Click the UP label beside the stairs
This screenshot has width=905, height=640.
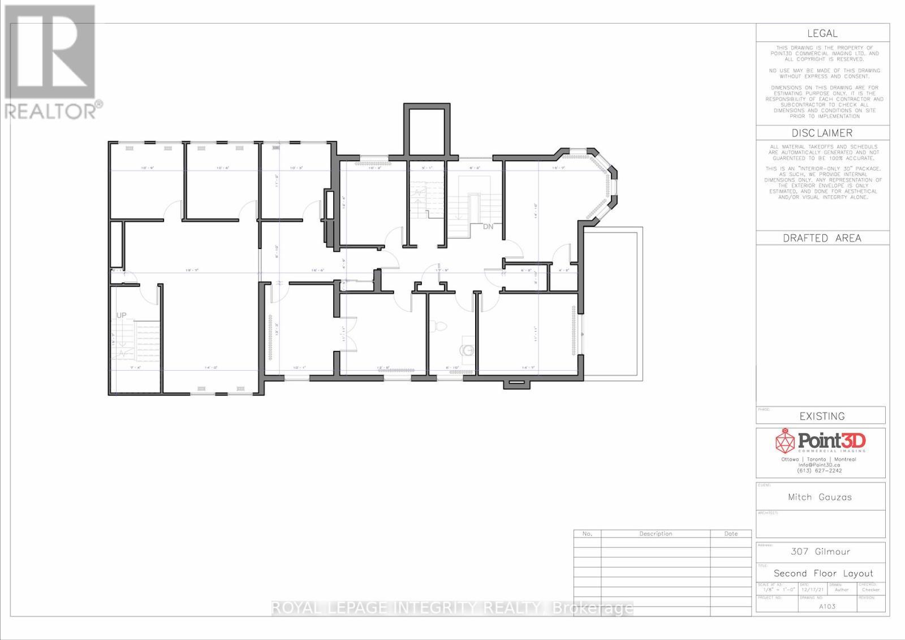[x=121, y=315]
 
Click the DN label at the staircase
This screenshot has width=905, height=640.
[x=488, y=227]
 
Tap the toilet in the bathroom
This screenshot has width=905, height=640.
[x=437, y=326]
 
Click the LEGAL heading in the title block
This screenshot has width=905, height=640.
[x=822, y=33]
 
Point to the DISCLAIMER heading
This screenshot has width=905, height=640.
[x=822, y=133]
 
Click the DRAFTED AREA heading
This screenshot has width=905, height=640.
[x=822, y=238]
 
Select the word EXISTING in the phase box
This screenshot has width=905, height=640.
[x=822, y=416]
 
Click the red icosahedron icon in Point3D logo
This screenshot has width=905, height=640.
[x=785, y=441]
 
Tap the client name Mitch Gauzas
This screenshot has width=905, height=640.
[x=820, y=497]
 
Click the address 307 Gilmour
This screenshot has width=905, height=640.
[x=820, y=551]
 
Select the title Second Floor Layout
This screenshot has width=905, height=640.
[x=823, y=573]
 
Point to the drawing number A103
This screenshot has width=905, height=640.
[x=827, y=606]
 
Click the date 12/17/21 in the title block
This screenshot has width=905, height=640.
[x=813, y=590]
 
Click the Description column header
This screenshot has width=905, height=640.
[x=656, y=534]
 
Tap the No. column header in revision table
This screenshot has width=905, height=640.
[x=587, y=534]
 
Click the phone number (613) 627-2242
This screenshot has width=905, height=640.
[x=819, y=470]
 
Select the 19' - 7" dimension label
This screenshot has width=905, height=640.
[x=192, y=270]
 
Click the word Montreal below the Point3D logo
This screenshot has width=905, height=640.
[x=845, y=459]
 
